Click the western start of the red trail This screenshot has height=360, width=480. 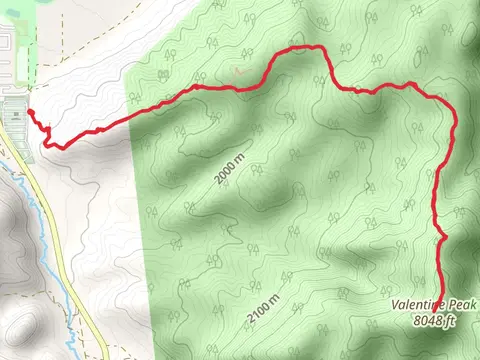tap(28, 111)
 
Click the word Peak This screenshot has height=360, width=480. tap(465, 305)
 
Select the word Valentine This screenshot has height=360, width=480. tap(422, 305)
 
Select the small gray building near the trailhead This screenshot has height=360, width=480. tap(15, 116)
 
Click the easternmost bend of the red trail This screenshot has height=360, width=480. tap(455, 125)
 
